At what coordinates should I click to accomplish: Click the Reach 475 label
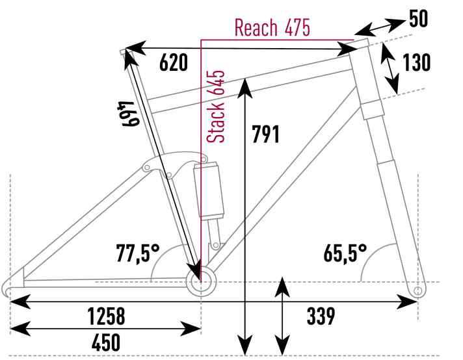(272, 28)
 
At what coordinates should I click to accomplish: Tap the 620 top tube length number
(173, 63)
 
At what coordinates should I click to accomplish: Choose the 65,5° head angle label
(345, 253)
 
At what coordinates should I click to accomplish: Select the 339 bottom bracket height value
(320, 316)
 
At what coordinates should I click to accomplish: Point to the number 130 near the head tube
(416, 63)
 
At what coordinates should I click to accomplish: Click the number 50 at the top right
(419, 19)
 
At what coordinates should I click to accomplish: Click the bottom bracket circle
(199, 281)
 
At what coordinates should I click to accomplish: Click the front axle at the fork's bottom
(417, 287)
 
